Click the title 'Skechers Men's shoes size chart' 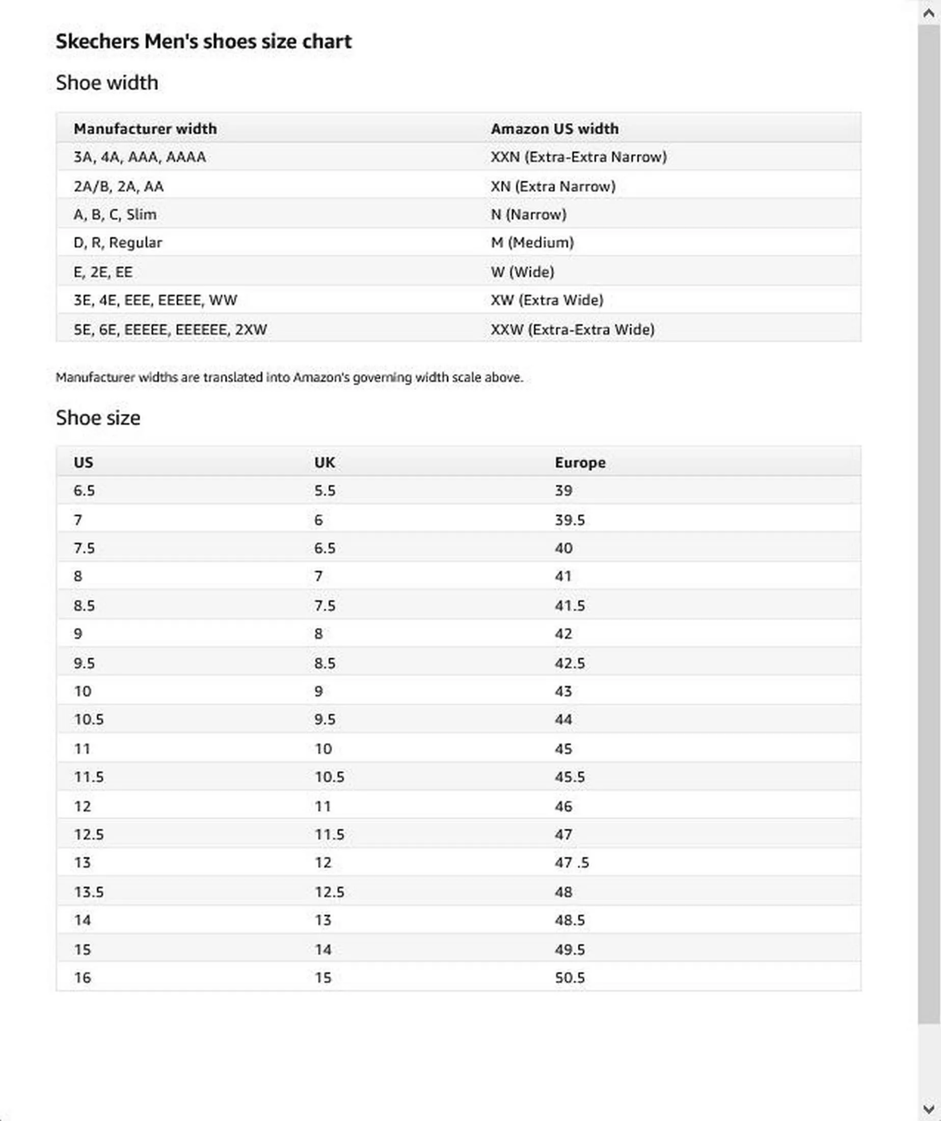click(203, 42)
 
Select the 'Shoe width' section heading click(107, 83)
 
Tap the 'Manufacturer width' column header click(145, 128)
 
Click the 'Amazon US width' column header click(555, 128)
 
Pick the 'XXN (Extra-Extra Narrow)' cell click(579, 157)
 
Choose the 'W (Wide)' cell click(523, 272)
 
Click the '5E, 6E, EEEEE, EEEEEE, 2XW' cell click(170, 329)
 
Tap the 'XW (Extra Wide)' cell click(547, 300)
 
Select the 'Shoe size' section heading click(98, 417)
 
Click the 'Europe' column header click(580, 462)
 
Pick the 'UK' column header click(325, 462)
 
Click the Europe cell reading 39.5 click(570, 520)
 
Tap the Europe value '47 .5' click(572, 863)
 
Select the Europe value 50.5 click(570, 978)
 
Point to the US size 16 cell click(83, 978)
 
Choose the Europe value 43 click(563, 691)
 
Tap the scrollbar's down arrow click(929, 1109)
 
